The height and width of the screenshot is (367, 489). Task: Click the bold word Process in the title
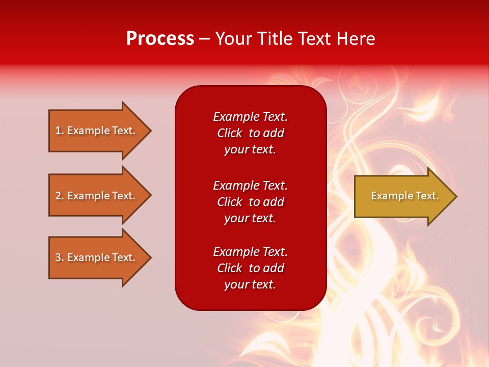[160, 39]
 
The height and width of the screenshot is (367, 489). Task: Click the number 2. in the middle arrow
[60, 196]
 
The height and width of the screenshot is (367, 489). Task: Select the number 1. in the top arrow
[60, 130]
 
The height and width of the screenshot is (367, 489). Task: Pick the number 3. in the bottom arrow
[60, 257]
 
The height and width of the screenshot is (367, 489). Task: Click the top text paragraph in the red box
[250, 133]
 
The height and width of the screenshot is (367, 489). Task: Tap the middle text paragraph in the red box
[250, 202]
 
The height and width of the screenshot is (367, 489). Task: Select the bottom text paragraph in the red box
[250, 268]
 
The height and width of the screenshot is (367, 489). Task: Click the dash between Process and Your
[204, 39]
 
